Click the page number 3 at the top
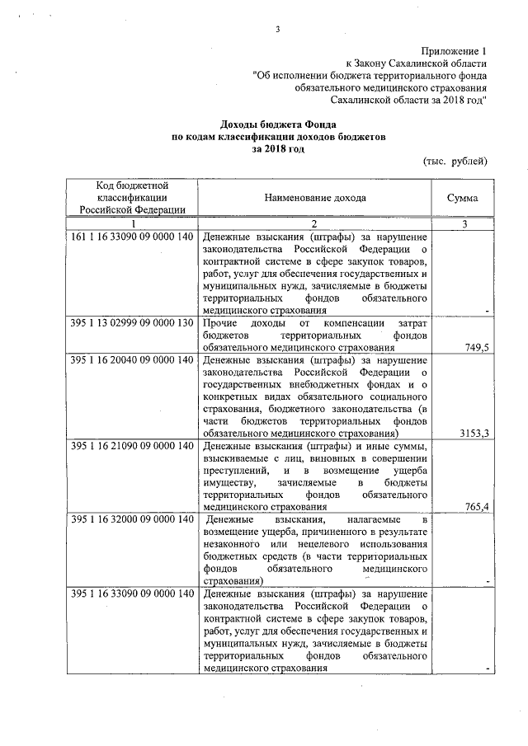point(279,30)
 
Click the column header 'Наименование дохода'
point(316,198)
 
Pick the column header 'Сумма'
point(463,198)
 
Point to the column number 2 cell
point(314,224)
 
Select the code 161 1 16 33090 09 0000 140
point(132,237)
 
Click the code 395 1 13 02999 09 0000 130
point(132,322)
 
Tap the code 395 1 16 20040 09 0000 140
point(132,360)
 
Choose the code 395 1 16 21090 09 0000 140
point(132,446)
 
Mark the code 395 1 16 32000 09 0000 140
point(132,519)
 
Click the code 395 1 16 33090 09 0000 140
point(132,594)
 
